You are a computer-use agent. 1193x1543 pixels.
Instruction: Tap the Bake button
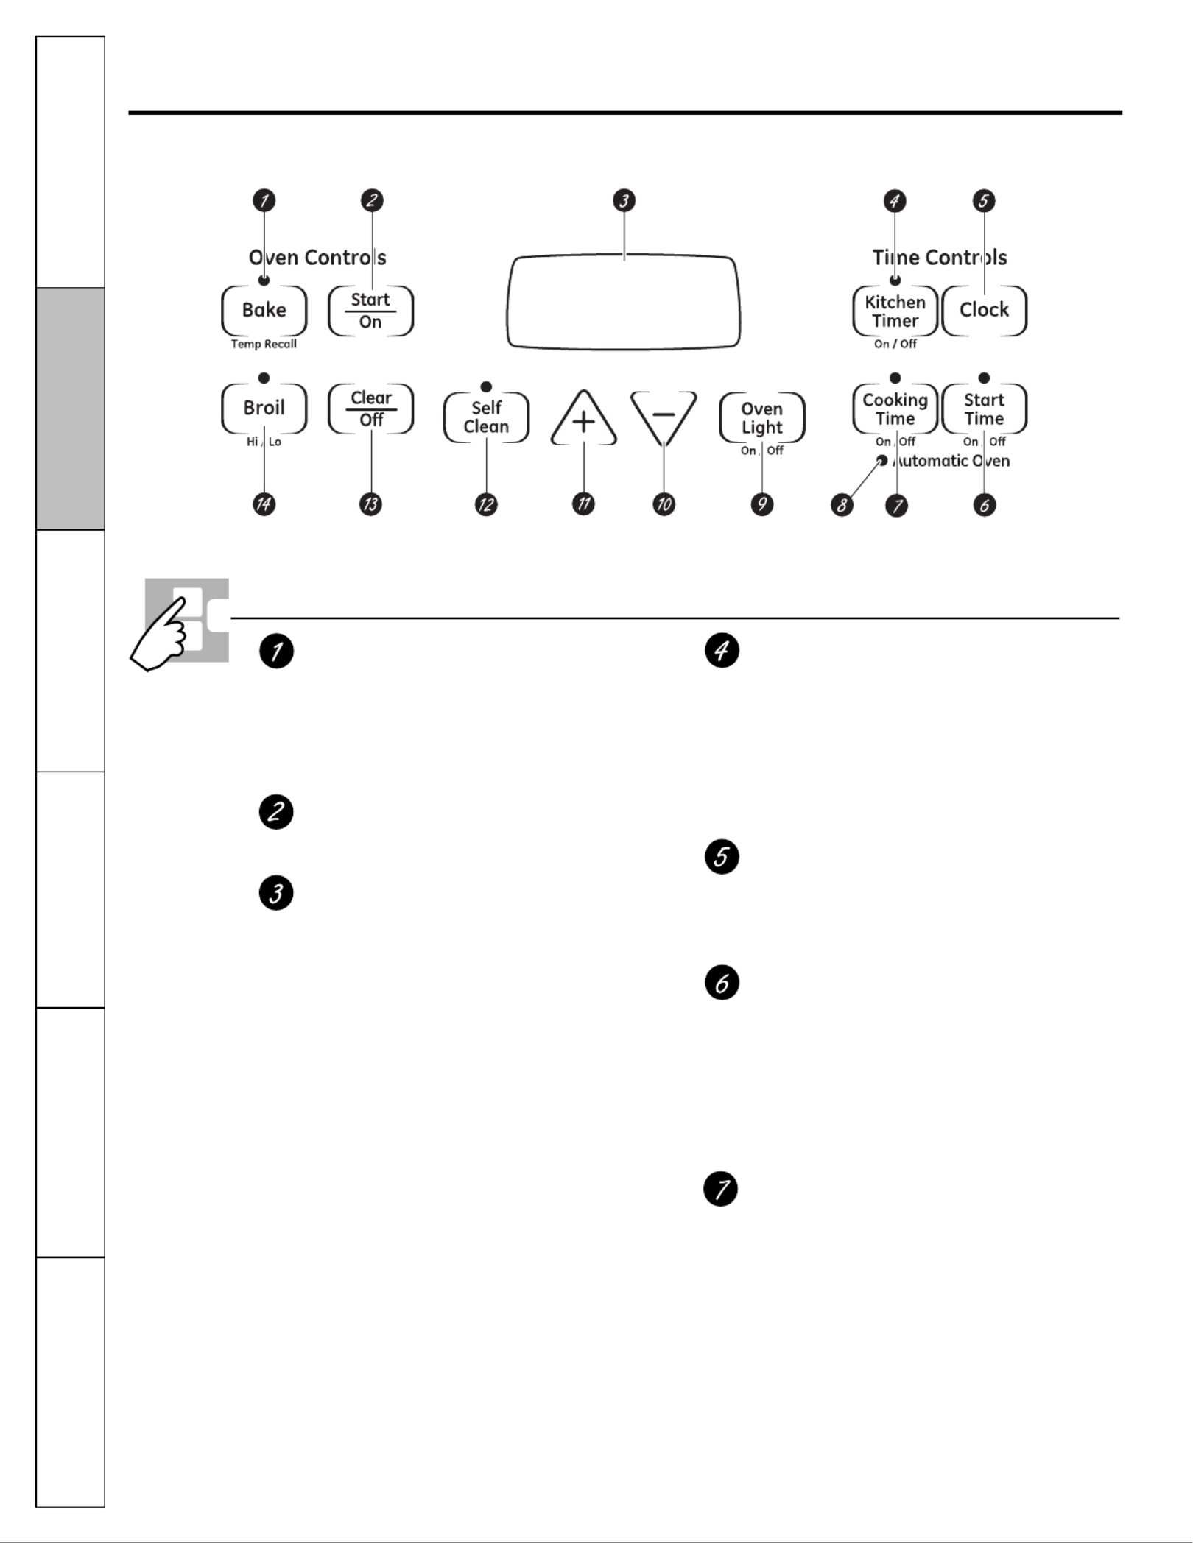tap(264, 310)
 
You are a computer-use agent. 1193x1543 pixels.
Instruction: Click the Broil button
tap(264, 408)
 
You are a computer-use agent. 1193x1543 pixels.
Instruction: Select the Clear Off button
tap(370, 408)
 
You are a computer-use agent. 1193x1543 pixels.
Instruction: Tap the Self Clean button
tap(486, 417)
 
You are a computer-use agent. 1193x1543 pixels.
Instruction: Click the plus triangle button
tap(583, 420)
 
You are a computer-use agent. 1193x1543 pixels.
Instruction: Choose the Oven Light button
tap(761, 417)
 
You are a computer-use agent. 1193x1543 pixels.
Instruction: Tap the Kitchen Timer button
tap(895, 311)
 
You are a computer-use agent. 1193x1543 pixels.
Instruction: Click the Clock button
tap(984, 310)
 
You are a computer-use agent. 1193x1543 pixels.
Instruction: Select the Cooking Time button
tap(895, 409)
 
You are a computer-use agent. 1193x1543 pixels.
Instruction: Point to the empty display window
tap(623, 303)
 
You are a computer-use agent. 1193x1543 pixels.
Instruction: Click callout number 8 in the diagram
tap(842, 505)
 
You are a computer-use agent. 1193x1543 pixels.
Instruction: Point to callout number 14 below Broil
tap(264, 504)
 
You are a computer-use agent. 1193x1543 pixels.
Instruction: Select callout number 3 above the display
tap(624, 200)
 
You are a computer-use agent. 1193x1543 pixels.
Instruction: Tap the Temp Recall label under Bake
tap(264, 344)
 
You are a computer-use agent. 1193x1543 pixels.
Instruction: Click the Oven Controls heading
tap(317, 258)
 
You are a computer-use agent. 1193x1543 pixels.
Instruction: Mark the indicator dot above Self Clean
tap(486, 387)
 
